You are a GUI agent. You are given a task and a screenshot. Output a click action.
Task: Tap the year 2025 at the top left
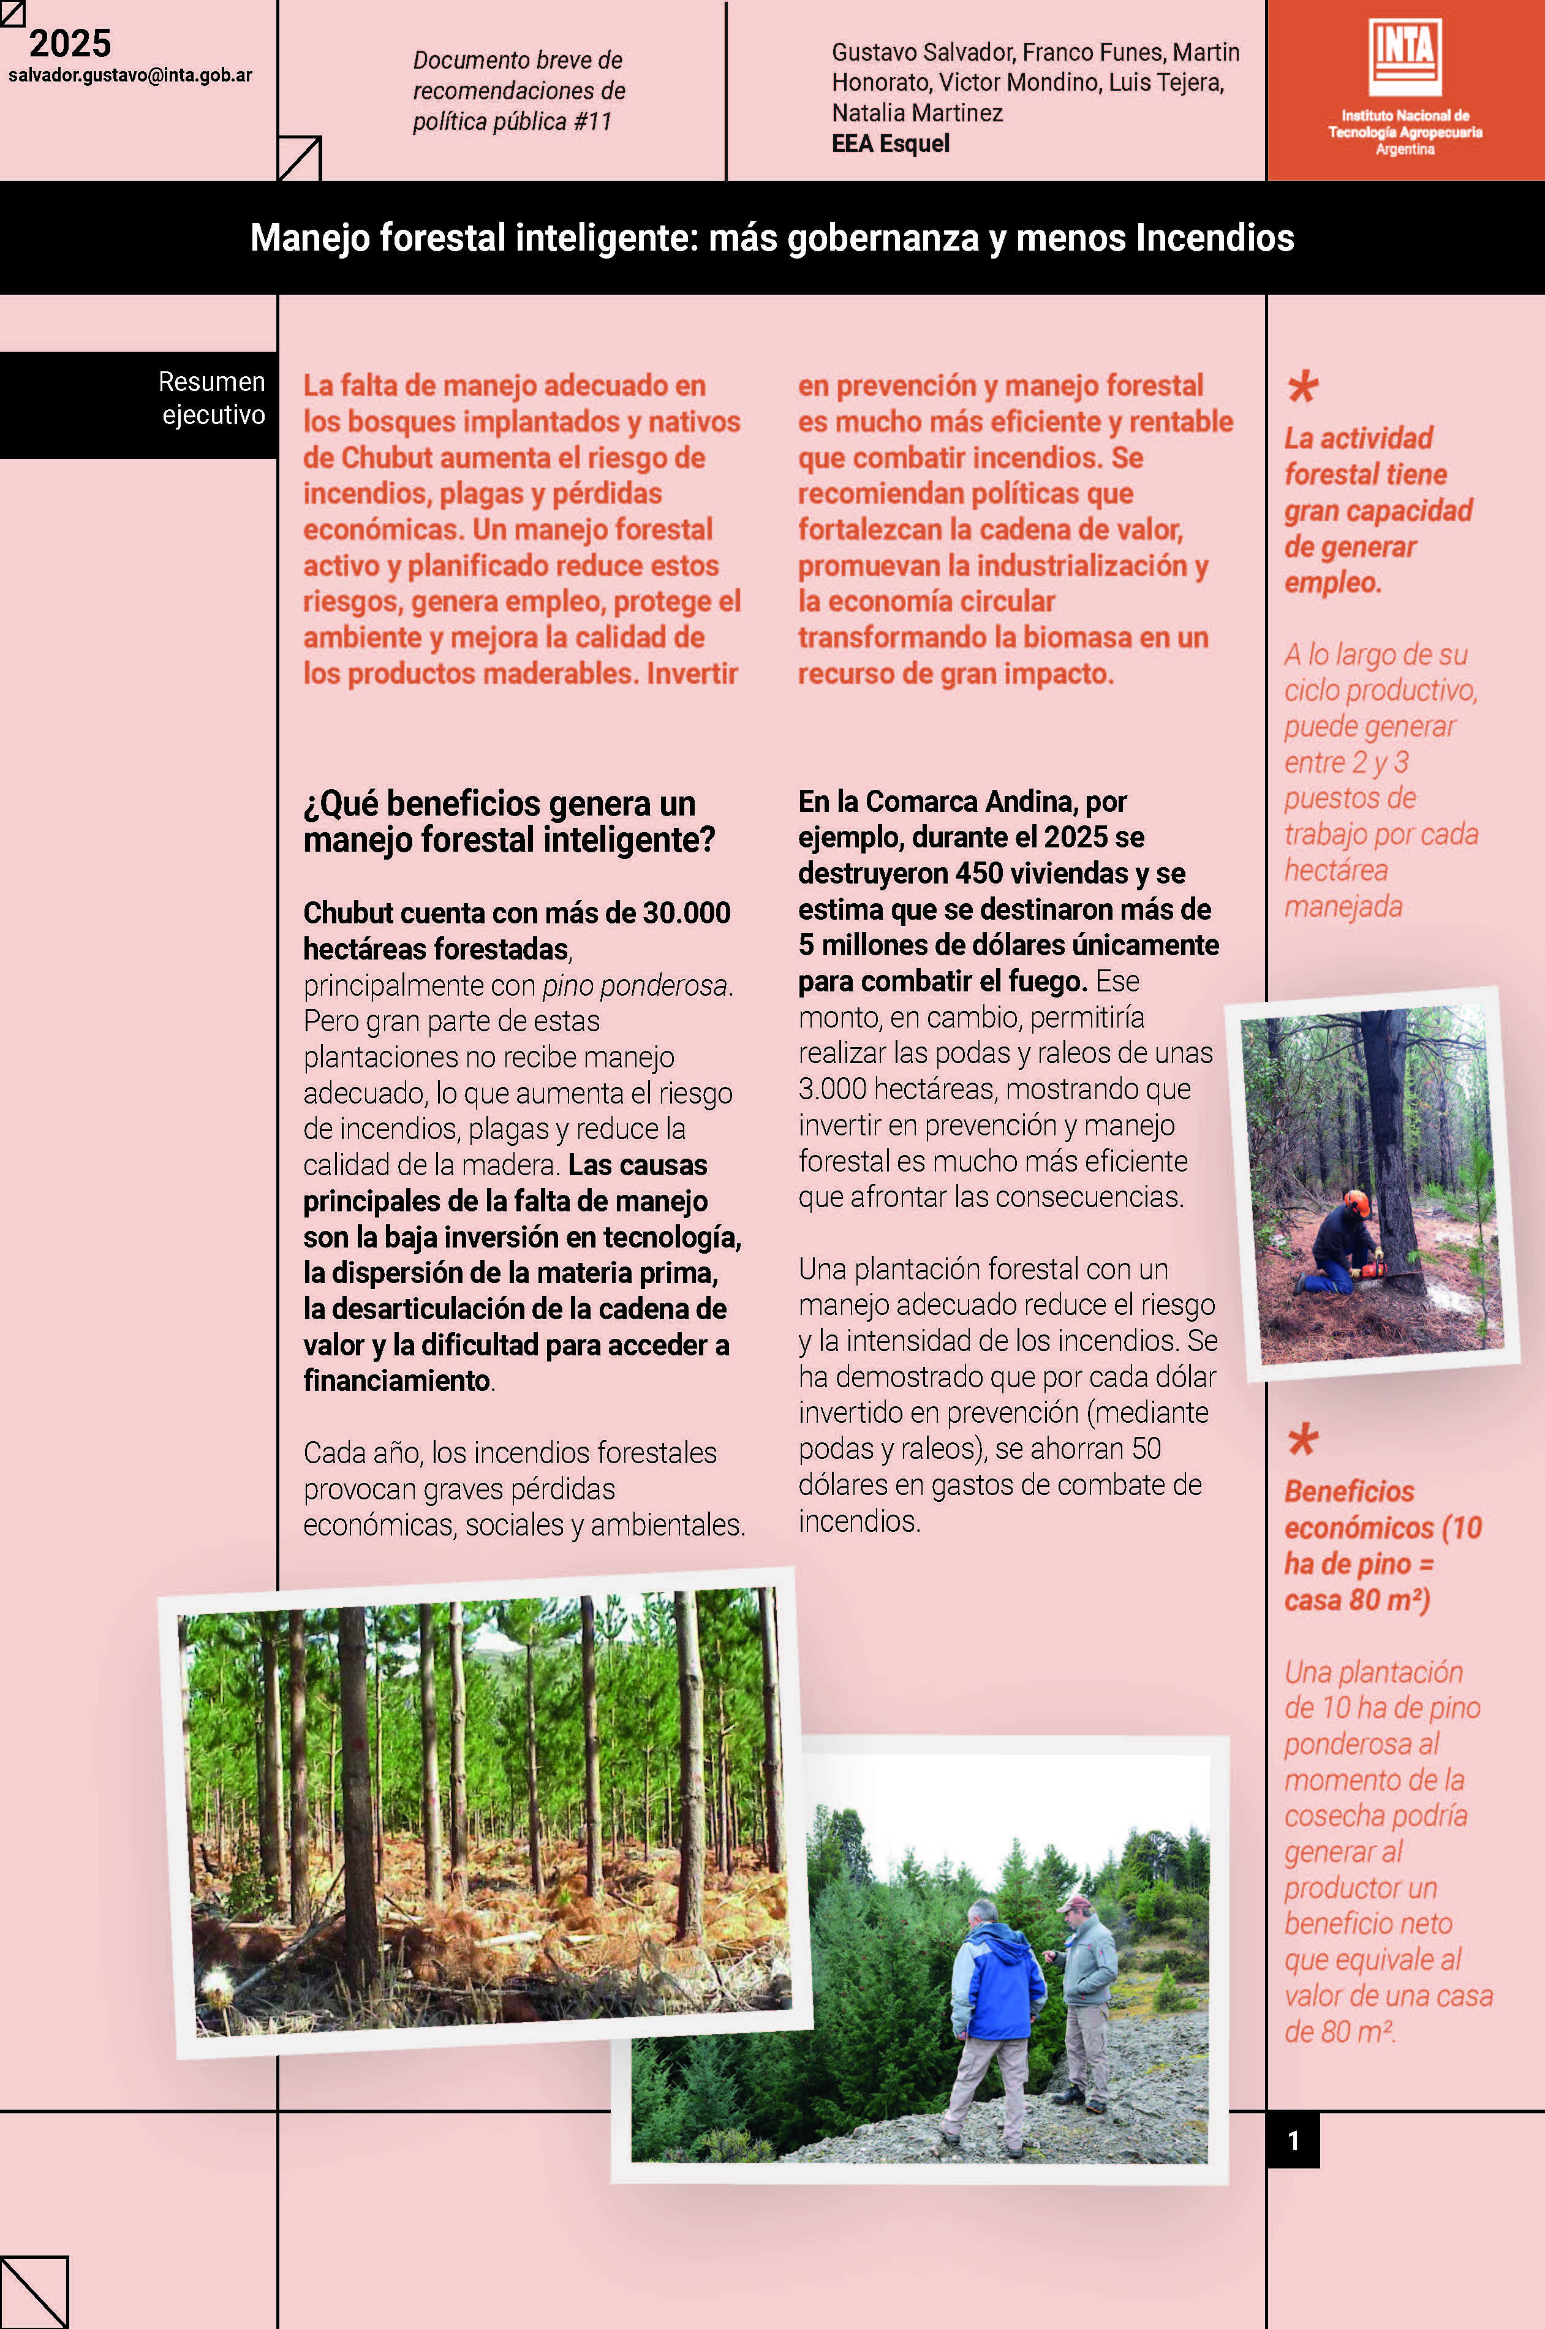(70, 44)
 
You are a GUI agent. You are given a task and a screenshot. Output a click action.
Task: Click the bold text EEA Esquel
(890, 144)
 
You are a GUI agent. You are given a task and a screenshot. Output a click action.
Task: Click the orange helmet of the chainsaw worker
(1357, 1202)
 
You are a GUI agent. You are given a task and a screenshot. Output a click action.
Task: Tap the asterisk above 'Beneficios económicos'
(1302, 1439)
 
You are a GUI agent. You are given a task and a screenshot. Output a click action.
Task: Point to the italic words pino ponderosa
(635, 986)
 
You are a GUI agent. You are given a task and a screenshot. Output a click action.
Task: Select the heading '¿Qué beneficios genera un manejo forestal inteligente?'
(508, 821)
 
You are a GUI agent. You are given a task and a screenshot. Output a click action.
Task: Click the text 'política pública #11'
(512, 121)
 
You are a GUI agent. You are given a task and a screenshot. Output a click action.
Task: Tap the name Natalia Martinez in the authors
(916, 113)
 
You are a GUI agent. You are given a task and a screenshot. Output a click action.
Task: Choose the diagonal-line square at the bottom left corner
(34, 2292)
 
